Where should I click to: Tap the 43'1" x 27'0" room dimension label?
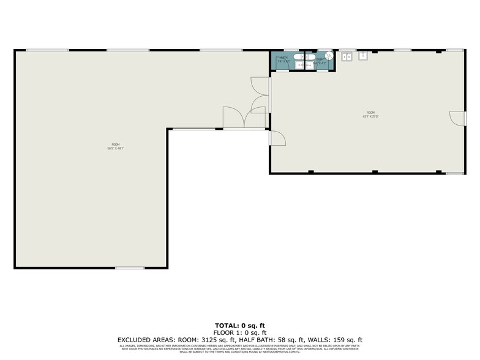pos(370,114)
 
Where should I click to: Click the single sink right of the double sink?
pos(362,56)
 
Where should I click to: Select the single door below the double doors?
pos(278,138)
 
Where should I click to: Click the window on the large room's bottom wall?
pos(129,268)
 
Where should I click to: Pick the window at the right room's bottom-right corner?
pos(454,173)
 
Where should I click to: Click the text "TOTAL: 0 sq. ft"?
pos(239,325)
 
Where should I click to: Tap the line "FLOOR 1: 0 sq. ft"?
pos(239,332)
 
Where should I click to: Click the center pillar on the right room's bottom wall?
pos(375,172)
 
